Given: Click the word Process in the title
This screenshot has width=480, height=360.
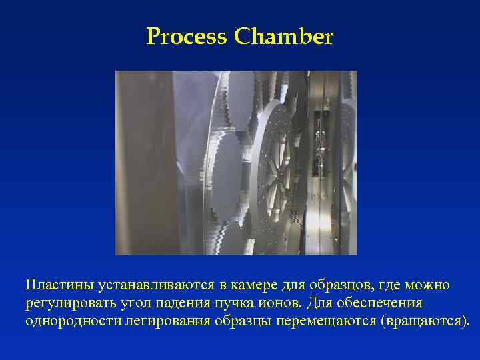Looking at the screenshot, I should (187, 37).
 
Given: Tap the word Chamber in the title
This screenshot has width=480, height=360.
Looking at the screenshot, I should (283, 37).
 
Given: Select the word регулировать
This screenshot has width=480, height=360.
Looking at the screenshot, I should (65, 303).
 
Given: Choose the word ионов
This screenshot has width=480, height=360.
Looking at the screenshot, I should (268, 303).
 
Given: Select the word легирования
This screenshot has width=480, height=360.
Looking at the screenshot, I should (159, 321).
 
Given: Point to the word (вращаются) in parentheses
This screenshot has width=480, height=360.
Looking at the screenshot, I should (425, 321).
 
